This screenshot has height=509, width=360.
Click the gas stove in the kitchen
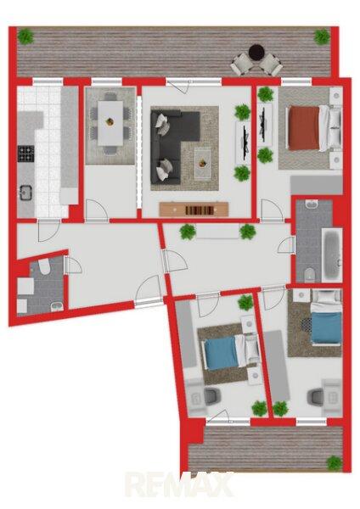[x=26, y=154]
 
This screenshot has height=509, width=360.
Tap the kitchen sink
[x=25, y=192]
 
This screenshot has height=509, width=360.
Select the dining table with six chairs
[x=110, y=123]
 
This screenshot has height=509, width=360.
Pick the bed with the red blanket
[x=310, y=128]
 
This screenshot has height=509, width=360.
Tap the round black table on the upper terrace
[x=256, y=52]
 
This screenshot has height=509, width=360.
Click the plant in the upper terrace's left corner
[x=25, y=36]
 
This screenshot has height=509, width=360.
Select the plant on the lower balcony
[x=335, y=463]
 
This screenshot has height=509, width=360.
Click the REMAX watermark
[x=180, y=484]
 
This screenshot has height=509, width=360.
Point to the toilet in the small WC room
[x=43, y=266]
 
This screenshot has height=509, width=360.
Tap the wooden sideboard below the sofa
[x=194, y=210]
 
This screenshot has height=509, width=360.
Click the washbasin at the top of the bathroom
[x=312, y=204]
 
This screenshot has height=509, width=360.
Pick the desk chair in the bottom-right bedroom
[x=316, y=397]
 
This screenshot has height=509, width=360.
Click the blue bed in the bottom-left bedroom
[x=231, y=353]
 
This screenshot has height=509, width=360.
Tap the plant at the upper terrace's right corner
[x=322, y=36]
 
